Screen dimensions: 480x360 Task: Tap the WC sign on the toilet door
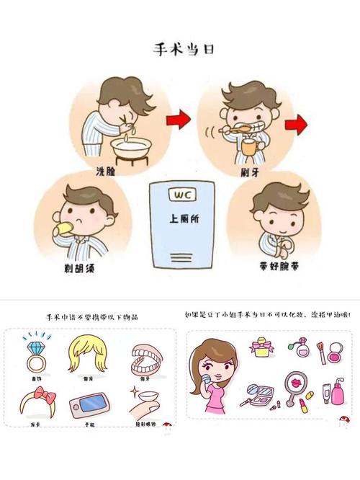tap(178, 195)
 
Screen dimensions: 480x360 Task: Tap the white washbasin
tap(133, 148)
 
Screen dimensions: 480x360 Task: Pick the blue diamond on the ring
tap(32, 339)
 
